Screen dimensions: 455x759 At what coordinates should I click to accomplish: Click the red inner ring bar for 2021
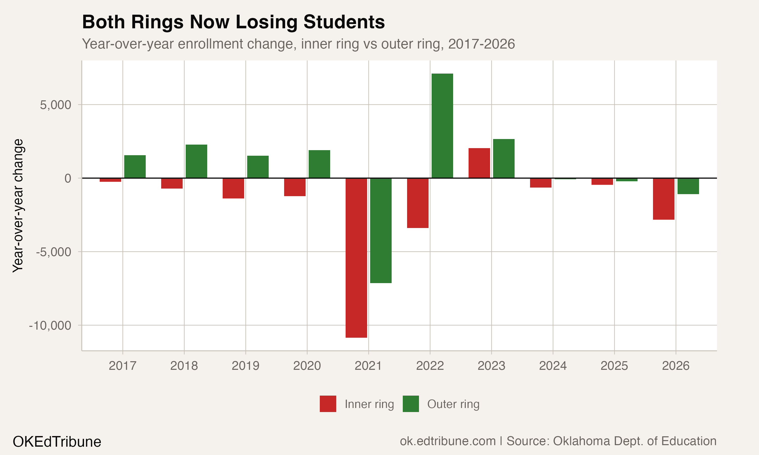tap(356, 258)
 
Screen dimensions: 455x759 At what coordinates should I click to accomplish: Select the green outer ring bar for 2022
tap(442, 126)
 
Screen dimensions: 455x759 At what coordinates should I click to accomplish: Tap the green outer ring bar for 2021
tap(381, 230)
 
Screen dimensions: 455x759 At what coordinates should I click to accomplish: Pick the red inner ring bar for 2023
tap(479, 163)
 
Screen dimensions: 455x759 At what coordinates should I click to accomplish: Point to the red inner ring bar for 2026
tap(664, 199)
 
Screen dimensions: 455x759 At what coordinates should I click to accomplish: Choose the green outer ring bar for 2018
tap(196, 161)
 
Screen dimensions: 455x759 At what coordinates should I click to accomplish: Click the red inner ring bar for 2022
tap(417, 203)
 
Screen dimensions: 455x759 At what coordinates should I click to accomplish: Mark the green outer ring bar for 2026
tap(688, 186)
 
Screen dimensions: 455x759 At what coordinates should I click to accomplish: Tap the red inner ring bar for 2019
tap(233, 188)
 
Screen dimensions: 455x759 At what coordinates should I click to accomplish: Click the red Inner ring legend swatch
tap(328, 404)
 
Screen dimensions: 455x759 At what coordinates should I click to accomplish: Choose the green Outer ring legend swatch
tap(410, 404)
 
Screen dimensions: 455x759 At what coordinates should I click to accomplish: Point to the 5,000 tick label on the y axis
tap(55, 105)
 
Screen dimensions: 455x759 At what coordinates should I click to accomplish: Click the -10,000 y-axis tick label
tap(50, 325)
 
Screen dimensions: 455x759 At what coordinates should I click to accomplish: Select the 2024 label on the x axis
tap(553, 366)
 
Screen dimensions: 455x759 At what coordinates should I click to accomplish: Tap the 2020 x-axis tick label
tap(307, 366)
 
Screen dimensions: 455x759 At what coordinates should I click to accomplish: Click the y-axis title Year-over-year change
tap(18, 206)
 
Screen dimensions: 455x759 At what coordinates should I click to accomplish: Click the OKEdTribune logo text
tap(57, 442)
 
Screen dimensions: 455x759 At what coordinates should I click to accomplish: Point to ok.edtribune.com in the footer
tap(448, 441)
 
